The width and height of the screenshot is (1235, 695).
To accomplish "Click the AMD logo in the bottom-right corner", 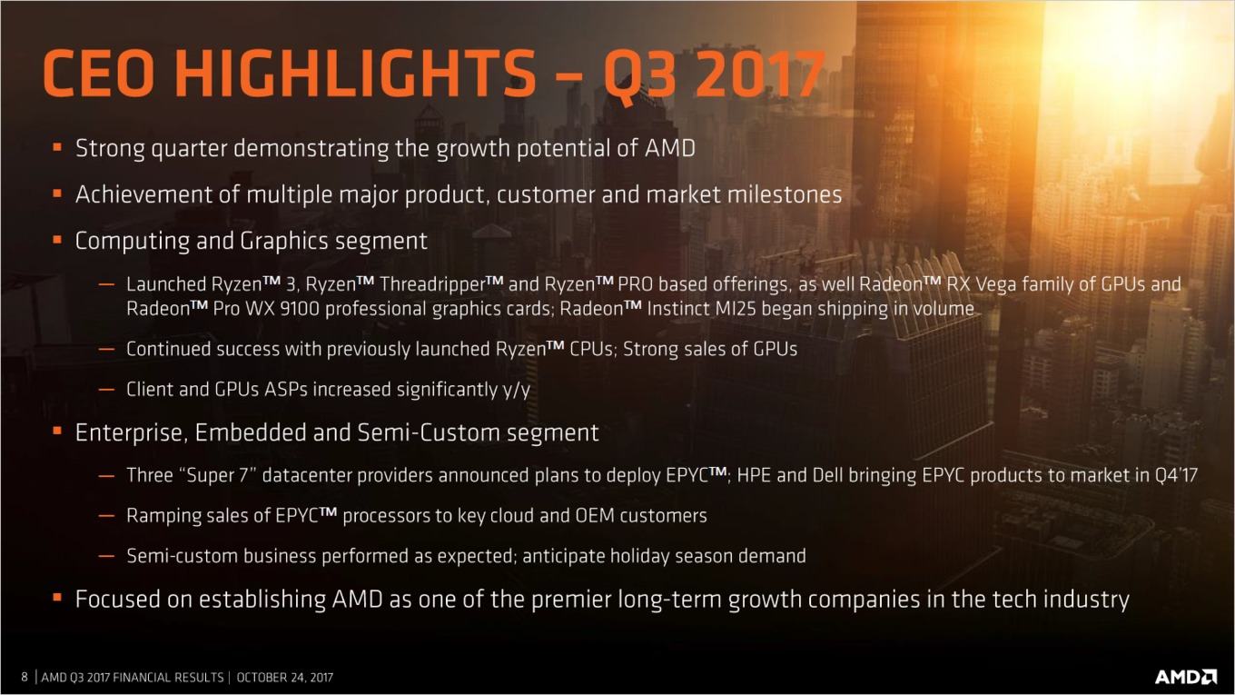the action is (x=1185, y=676).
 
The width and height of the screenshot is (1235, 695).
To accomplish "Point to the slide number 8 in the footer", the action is (x=25, y=677).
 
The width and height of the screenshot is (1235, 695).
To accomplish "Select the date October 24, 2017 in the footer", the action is (x=284, y=678).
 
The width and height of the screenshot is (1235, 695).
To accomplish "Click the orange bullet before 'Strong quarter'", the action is (x=57, y=147).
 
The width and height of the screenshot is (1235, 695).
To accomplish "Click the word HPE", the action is (x=754, y=475).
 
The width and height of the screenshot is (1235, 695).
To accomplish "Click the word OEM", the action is (x=595, y=516).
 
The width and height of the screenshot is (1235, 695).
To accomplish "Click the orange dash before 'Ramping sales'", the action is (x=106, y=516).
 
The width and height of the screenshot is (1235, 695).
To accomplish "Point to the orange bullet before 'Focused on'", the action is (x=57, y=598).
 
